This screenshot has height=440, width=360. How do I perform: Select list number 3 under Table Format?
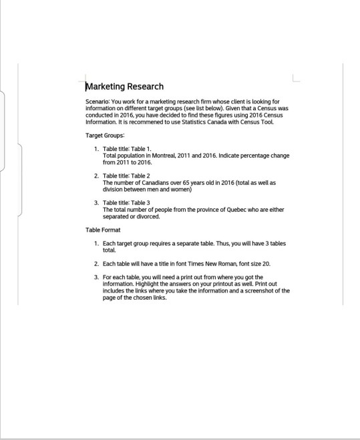pyautogui.click(x=96, y=276)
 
